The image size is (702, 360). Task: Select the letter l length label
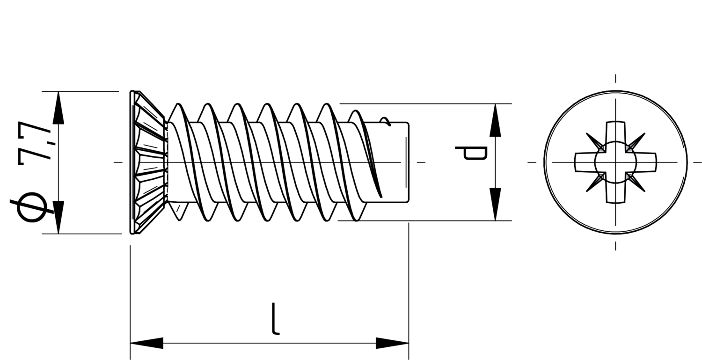point(276,319)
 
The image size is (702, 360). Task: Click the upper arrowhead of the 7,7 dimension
point(58,108)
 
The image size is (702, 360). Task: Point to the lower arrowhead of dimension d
point(495,204)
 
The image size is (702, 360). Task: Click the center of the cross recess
point(615,162)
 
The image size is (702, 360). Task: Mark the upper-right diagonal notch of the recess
point(637,140)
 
